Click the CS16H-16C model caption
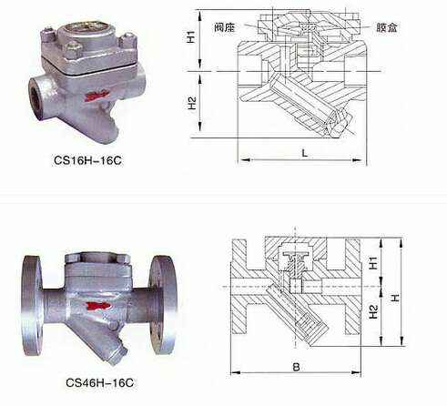tap(87, 160)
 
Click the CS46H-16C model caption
tap(100, 382)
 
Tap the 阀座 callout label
tap(225, 27)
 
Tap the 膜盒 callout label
tap(387, 27)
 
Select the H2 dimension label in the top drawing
tap(192, 103)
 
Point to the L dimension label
tap(305, 153)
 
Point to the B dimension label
tap(296, 367)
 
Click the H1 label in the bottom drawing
tap(373, 263)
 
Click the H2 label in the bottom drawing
tap(373, 311)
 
